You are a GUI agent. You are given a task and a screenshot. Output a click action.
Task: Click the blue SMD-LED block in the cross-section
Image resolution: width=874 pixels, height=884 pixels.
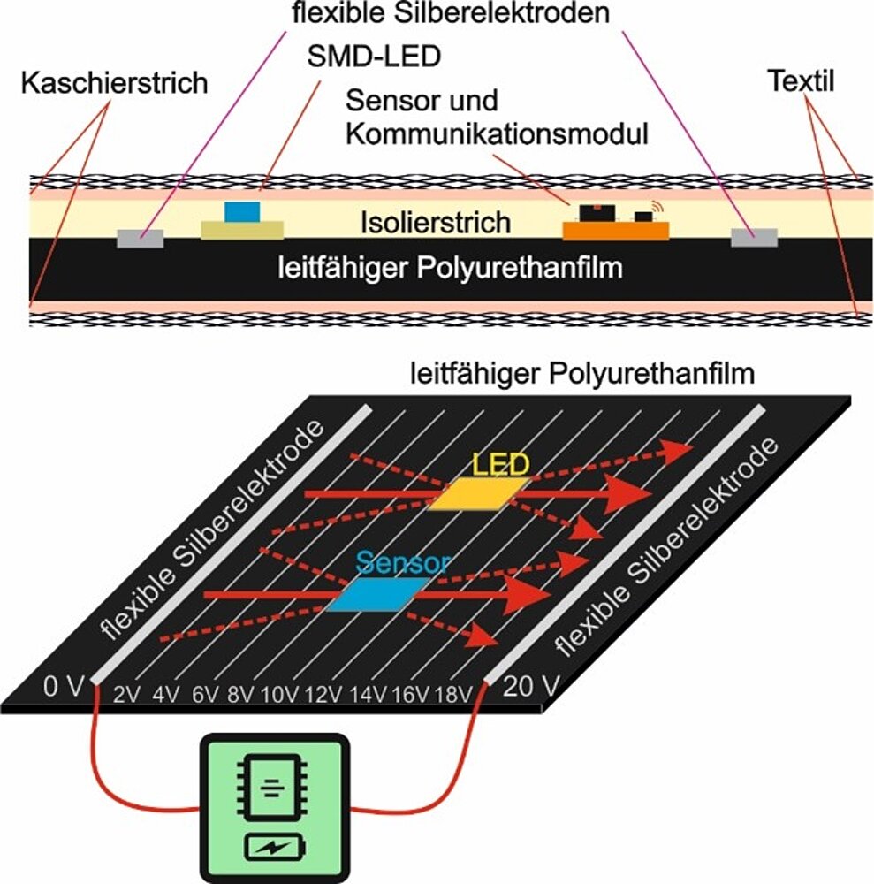[x=244, y=212]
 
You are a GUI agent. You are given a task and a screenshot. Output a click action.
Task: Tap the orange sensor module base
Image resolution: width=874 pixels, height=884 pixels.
[x=616, y=231]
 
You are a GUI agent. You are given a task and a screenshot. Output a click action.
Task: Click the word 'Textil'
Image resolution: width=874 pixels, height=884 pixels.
[x=801, y=84]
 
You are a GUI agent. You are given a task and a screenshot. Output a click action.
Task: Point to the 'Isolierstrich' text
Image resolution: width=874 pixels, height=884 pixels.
[x=436, y=222]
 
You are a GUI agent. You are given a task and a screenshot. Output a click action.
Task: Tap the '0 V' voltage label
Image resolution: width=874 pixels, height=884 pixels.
[x=63, y=686]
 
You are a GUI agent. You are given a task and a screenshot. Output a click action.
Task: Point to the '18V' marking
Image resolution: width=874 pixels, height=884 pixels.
[x=452, y=694]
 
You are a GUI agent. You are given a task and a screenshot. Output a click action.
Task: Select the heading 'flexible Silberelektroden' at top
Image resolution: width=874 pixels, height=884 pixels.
[x=452, y=14]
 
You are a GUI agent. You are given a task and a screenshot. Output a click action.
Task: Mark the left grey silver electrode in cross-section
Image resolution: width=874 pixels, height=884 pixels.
[x=141, y=237]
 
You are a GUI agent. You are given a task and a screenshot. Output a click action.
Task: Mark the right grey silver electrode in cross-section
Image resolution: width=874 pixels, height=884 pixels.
[x=754, y=236]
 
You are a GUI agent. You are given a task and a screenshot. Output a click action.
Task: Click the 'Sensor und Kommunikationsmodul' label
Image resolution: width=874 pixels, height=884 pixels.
[x=498, y=117]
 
